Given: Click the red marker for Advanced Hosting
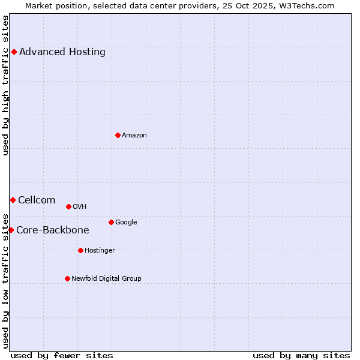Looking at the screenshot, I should pyautogui.click(x=14, y=52).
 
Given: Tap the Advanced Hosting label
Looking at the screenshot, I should pyautogui.click(x=62, y=52).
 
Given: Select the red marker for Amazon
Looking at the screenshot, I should pyautogui.click(x=118, y=135).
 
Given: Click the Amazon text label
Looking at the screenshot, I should pyautogui.click(x=134, y=135).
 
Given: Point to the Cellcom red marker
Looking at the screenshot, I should pyautogui.click(x=13, y=200).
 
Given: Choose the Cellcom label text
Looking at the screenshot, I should pyautogui.click(x=37, y=200).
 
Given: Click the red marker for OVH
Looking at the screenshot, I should pyautogui.click(x=68, y=206).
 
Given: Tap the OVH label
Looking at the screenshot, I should pyautogui.click(x=80, y=206).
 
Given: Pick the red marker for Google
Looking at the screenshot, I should pyautogui.click(x=111, y=222).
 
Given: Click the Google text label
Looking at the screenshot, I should pyautogui.click(x=126, y=222).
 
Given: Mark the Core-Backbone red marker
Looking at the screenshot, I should pyautogui.click(x=11, y=230).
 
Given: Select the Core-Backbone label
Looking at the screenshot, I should pyautogui.click(x=53, y=230).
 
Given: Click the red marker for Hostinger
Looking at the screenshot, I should pyautogui.click(x=80, y=250).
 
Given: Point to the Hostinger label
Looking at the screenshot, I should pyautogui.click(x=100, y=250).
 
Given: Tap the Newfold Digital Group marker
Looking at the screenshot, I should pyautogui.click(x=67, y=278).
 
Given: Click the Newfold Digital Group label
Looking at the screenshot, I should pyautogui.click(x=106, y=278).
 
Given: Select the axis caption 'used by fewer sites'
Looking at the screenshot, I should pyautogui.click(x=62, y=355).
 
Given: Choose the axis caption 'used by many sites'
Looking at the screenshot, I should pyautogui.click(x=301, y=355).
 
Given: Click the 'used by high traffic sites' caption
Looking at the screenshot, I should pyautogui.click(x=5, y=85).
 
